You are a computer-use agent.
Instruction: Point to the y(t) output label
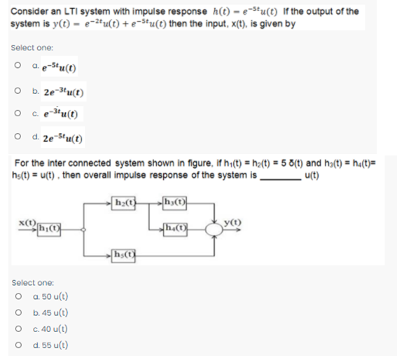(x=230, y=223)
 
